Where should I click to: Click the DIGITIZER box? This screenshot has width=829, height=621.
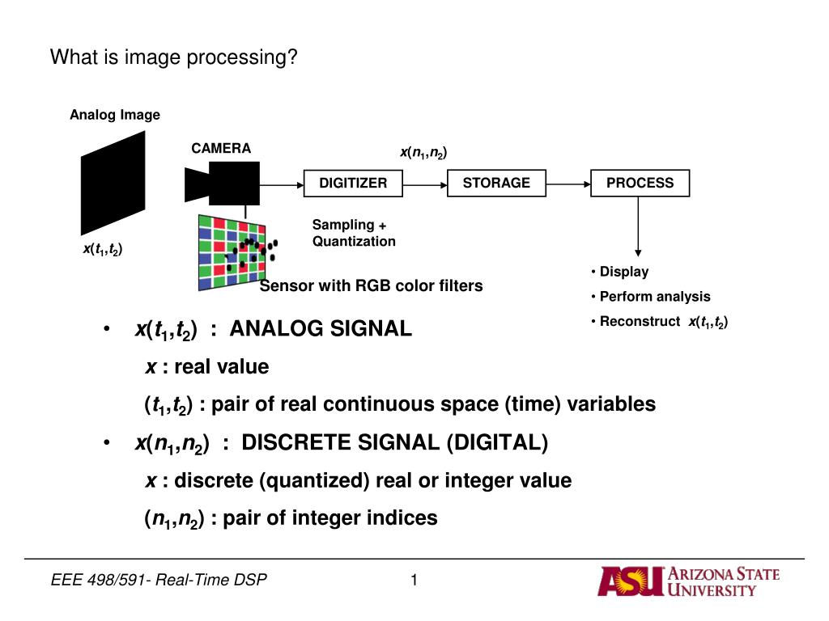(353, 184)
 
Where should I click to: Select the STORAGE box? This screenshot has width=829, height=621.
(496, 184)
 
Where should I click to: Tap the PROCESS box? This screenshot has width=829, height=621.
(640, 184)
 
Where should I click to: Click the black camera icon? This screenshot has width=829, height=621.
(222, 184)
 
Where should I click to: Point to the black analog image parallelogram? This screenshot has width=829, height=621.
(113, 184)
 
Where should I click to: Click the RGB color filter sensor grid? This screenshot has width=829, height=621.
(232, 252)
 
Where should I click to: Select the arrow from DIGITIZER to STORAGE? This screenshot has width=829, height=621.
(425, 185)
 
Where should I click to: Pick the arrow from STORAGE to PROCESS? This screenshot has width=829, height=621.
(568, 184)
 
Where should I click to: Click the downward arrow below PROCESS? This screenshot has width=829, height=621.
(638, 226)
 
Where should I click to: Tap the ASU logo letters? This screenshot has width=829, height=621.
(630, 581)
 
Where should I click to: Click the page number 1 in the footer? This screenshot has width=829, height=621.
(414, 580)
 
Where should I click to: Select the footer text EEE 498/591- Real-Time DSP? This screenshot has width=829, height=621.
(159, 580)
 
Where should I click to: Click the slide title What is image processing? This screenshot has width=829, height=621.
(174, 57)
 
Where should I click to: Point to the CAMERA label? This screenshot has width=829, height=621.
(221, 149)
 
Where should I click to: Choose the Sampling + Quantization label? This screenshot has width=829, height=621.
(354, 233)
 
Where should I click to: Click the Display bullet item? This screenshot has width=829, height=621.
(619, 272)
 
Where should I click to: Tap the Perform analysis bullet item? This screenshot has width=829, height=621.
(651, 297)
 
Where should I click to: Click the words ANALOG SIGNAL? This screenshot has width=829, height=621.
(321, 328)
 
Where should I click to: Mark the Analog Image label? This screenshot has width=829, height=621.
(115, 115)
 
